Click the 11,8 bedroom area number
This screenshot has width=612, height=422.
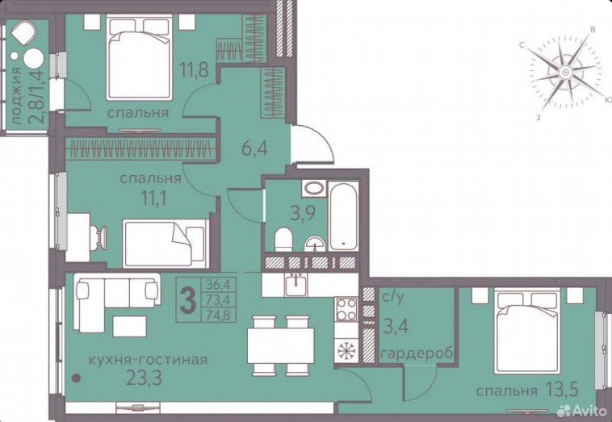coord(194,69)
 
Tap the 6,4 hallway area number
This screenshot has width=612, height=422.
coord(254,148)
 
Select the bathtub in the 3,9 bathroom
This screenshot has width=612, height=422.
coord(343,215)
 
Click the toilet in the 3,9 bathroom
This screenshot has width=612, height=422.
coord(283,240)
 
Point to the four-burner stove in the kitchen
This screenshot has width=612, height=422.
coord(346,309)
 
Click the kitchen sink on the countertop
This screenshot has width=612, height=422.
coord(296,285)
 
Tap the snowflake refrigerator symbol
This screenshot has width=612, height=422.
coord(346,350)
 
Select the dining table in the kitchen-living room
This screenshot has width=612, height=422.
coord(281,346)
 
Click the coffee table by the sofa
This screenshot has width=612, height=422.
coord(129,326)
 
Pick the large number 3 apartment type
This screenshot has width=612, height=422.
coord(188,300)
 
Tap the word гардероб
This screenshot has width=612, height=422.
coord(417,353)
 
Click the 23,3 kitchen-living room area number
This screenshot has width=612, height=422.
coord(144,377)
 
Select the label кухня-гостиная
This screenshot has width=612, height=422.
coord(148,359)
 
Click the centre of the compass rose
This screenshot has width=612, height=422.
coord(565,72)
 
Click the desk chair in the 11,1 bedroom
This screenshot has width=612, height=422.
coord(99,237)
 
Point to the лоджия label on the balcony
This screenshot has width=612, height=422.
coord(16,96)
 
